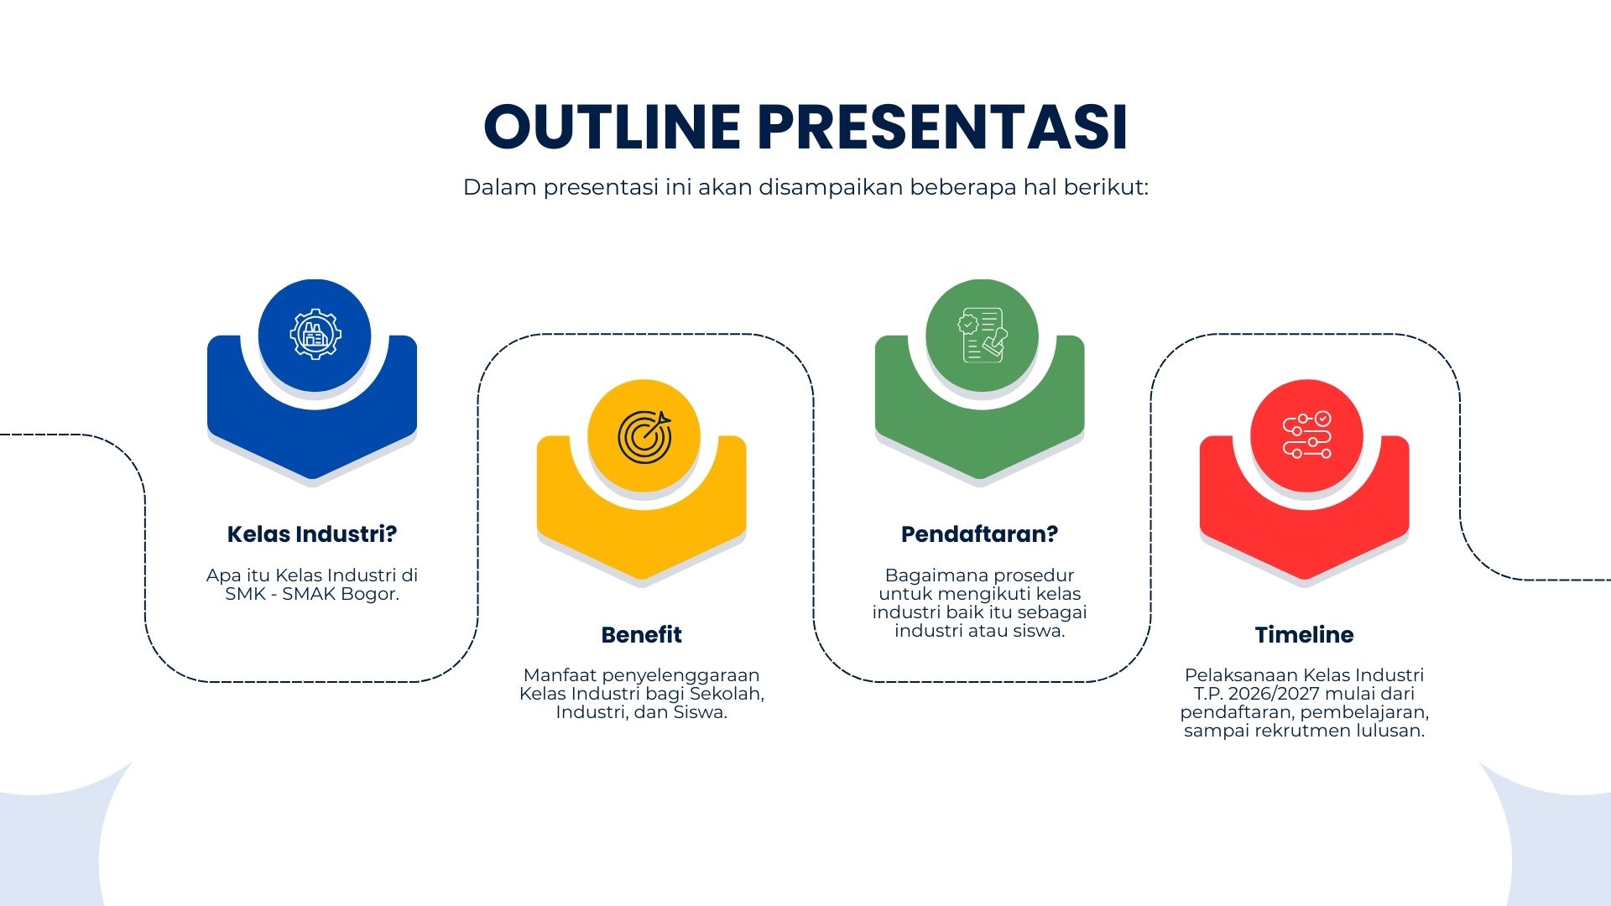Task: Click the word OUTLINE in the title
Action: (x=613, y=128)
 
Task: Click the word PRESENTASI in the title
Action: (x=942, y=128)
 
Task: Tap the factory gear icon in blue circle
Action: (x=315, y=334)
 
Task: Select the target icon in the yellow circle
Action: (x=644, y=436)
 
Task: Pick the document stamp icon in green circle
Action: (x=982, y=335)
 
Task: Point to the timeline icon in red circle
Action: (x=1306, y=435)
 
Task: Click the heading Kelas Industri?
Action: (x=312, y=534)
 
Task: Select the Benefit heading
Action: (x=642, y=635)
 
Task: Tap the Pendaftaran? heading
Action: (x=980, y=534)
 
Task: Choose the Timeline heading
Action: (x=1305, y=635)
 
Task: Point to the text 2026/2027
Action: (x=1280, y=694)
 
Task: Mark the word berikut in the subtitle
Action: (x=1105, y=187)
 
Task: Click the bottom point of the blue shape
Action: (x=312, y=479)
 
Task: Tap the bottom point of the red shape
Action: (x=1305, y=580)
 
